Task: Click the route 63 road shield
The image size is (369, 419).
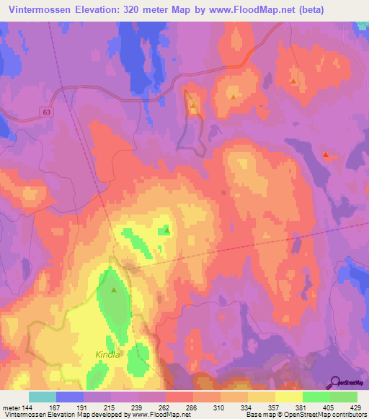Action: tap(47, 112)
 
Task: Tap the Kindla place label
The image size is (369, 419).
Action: tap(107, 355)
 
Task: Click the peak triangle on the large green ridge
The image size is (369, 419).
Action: tap(115, 289)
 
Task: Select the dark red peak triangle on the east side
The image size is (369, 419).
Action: tap(326, 154)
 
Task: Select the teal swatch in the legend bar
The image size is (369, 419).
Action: tap(43, 397)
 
